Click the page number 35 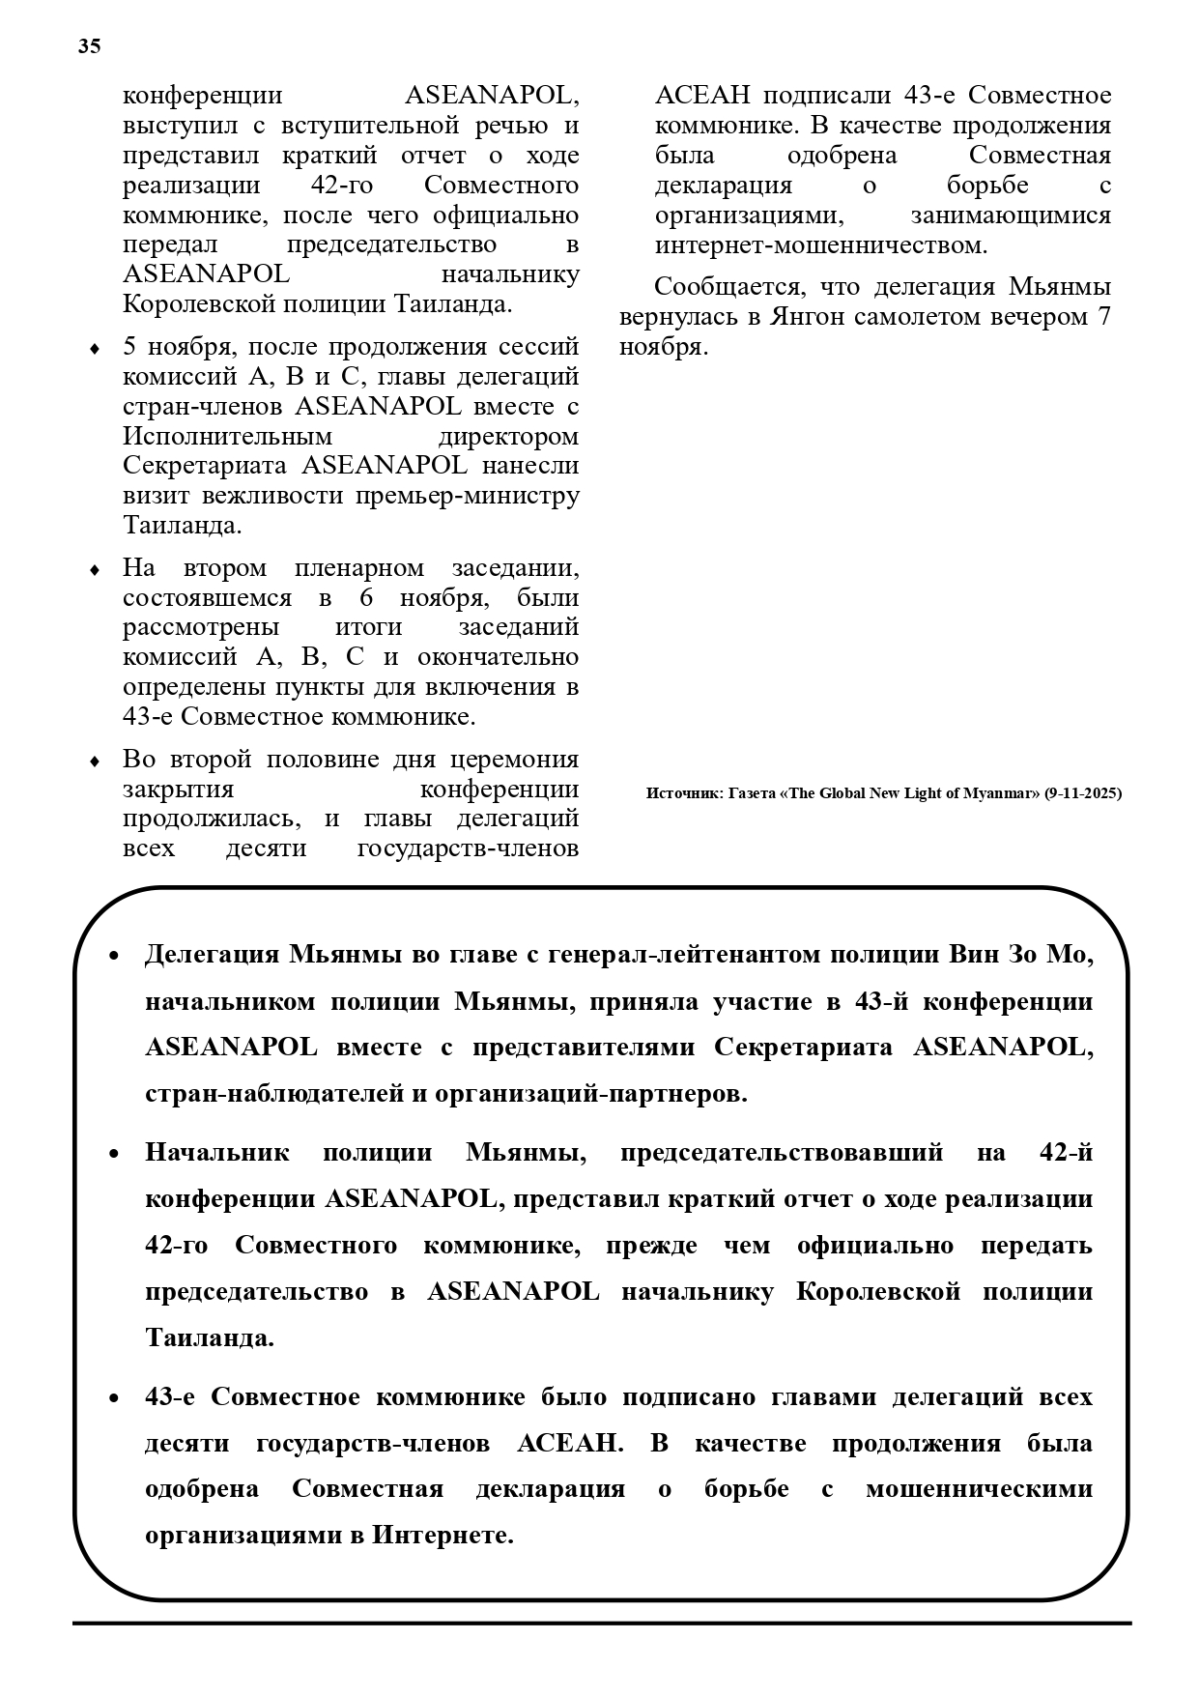(89, 46)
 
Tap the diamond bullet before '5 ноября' (94, 349)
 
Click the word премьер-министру (468, 496)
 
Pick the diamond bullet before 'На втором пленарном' (94, 570)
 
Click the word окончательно (498, 657)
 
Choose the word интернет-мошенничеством (821, 245)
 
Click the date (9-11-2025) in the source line (1083, 793)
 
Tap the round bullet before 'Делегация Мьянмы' (114, 956)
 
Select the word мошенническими (979, 1489)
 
